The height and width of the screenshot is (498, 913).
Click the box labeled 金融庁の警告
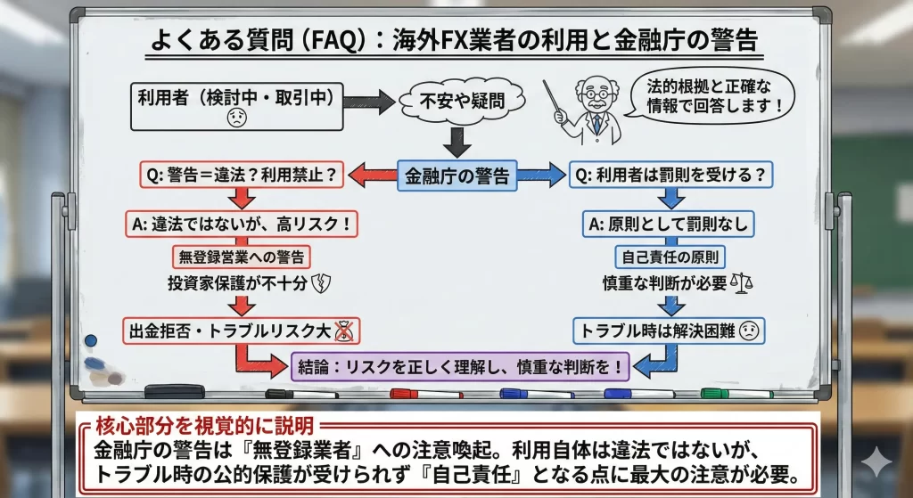point(456,176)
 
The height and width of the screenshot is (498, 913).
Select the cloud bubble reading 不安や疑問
point(462,101)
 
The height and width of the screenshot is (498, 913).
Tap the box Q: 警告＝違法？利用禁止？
point(241,176)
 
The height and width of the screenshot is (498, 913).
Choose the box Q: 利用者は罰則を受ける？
point(670,176)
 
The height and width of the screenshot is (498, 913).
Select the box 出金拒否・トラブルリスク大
point(241,331)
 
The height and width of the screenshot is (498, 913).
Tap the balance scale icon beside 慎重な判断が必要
point(741,283)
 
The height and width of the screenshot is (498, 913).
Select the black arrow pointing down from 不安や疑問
point(456,141)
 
